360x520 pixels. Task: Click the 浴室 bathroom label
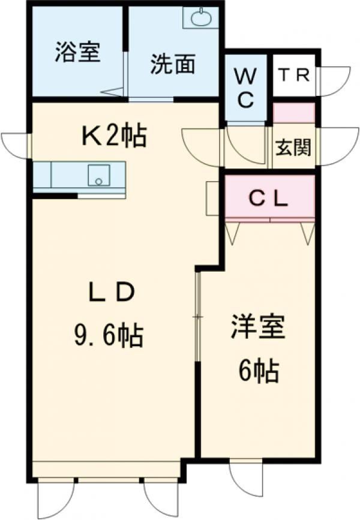pos(76,52)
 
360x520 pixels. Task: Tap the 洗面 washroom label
pos(172,65)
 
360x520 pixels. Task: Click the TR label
pos(294,76)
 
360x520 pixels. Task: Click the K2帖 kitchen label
pos(113,136)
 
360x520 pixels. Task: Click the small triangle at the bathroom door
pos(112,92)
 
